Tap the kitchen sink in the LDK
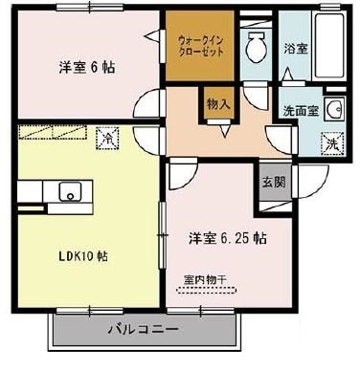[70, 192]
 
